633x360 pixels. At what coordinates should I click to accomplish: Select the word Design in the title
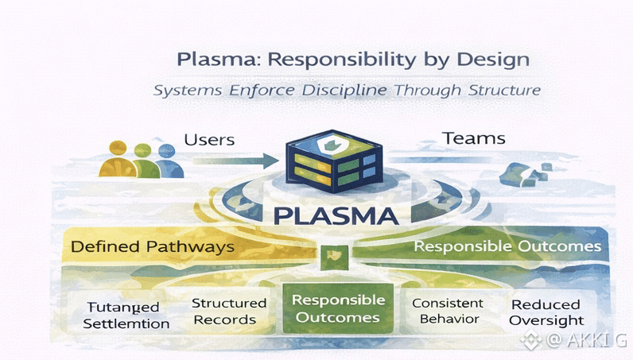(491, 60)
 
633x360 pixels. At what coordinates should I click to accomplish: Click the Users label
(209, 140)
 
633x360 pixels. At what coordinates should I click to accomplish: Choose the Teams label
(474, 138)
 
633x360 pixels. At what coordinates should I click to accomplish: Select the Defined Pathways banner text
(153, 246)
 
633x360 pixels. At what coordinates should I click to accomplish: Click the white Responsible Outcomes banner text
(507, 246)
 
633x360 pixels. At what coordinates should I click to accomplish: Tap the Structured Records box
(229, 312)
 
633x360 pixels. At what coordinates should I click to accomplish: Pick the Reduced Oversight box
(546, 312)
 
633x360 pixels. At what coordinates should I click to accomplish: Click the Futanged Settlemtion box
(126, 315)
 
